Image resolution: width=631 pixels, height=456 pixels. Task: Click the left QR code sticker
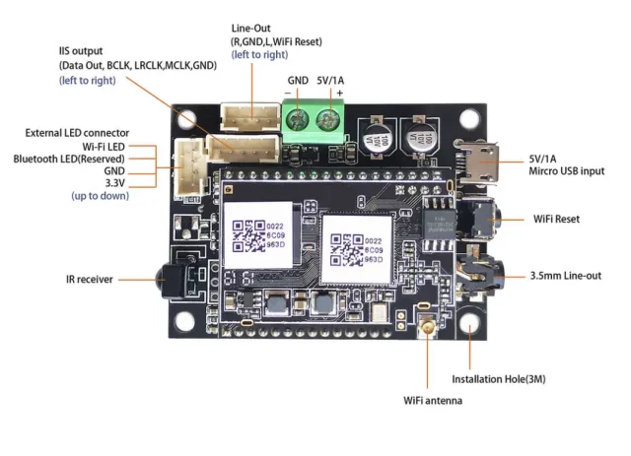(x=256, y=236)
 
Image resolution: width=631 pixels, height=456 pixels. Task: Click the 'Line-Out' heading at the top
(x=252, y=29)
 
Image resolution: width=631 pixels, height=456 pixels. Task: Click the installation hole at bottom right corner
(x=470, y=324)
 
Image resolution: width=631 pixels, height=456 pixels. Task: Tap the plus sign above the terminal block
(x=340, y=93)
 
